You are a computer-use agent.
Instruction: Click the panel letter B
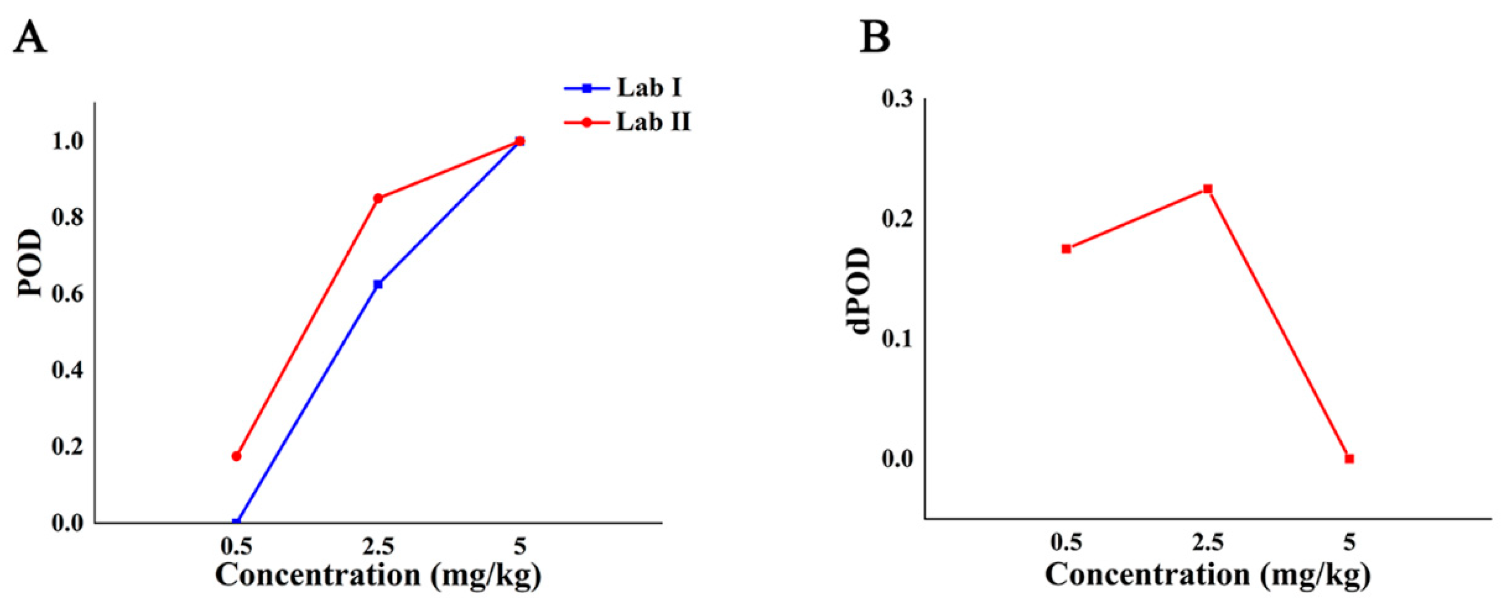click(875, 38)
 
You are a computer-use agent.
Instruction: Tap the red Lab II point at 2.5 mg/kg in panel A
click(378, 198)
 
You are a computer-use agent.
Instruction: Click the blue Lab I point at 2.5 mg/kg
click(378, 284)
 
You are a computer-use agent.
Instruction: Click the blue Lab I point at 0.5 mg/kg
click(236, 522)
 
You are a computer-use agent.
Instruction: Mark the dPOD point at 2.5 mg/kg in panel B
click(1208, 189)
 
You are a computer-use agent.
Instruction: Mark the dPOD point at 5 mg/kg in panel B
click(1349, 459)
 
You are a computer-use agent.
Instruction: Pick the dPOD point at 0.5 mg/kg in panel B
click(1066, 249)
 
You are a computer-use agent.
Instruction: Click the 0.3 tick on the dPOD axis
click(898, 100)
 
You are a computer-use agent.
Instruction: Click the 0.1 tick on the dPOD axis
click(898, 339)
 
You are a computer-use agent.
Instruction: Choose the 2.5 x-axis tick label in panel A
click(378, 547)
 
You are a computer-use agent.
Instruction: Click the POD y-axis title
click(30, 263)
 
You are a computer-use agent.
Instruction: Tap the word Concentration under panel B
click(1147, 575)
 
